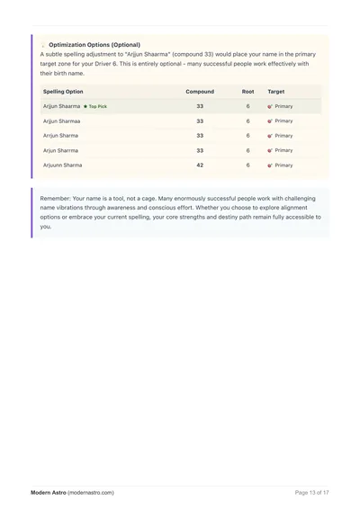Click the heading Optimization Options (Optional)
coord(94,44)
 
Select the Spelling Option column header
coord(63,92)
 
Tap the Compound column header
coord(199,92)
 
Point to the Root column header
coord(247,92)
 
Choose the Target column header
coord(276,92)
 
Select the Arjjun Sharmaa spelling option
coord(62,121)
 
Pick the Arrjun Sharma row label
coord(60,136)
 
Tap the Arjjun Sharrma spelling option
coord(62,150)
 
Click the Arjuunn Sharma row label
coord(62,165)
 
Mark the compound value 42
coord(199,165)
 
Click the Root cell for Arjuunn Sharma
coord(247,165)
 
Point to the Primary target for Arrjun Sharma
coord(283,136)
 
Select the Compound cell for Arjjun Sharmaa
coord(199,121)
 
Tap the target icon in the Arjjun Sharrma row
coord(270,150)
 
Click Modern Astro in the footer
coord(48,492)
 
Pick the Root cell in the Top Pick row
coord(247,106)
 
